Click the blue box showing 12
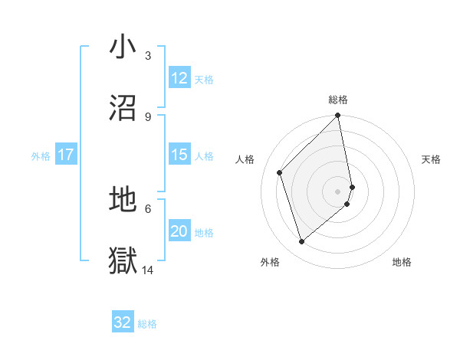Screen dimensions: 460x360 pyautogui.click(x=179, y=78)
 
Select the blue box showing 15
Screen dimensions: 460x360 pyautogui.click(x=179, y=155)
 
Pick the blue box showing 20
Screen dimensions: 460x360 pyautogui.click(x=179, y=231)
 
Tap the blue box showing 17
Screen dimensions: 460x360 pyautogui.click(x=66, y=155)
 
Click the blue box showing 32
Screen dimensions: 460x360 pyautogui.click(x=123, y=322)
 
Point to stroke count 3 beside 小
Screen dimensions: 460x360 pyautogui.click(x=148, y=56)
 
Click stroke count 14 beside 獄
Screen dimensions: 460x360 pyautogui.click(x=148, y=270)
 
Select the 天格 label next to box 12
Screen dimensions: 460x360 pyautogui.click(x=204, y=79)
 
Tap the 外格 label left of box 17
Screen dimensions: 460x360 pyautogui.click(x=41, y=155)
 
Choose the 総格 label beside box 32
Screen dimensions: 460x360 pyautogui.click(x=147, y=323)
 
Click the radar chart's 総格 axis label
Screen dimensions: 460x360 pyautogui.click(x=338, y=100)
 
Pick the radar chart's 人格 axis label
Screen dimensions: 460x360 pyautogui.click(x=245, y=159)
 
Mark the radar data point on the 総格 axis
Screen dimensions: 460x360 pyautogui.click(x=338, y=116)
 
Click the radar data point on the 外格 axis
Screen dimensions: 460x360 pyautogui.click(x=302, y=242)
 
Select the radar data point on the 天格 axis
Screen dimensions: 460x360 pyautogui.click(x=353, y=186)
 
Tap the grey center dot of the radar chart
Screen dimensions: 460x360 pyautogui.click(x=338, y=191)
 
